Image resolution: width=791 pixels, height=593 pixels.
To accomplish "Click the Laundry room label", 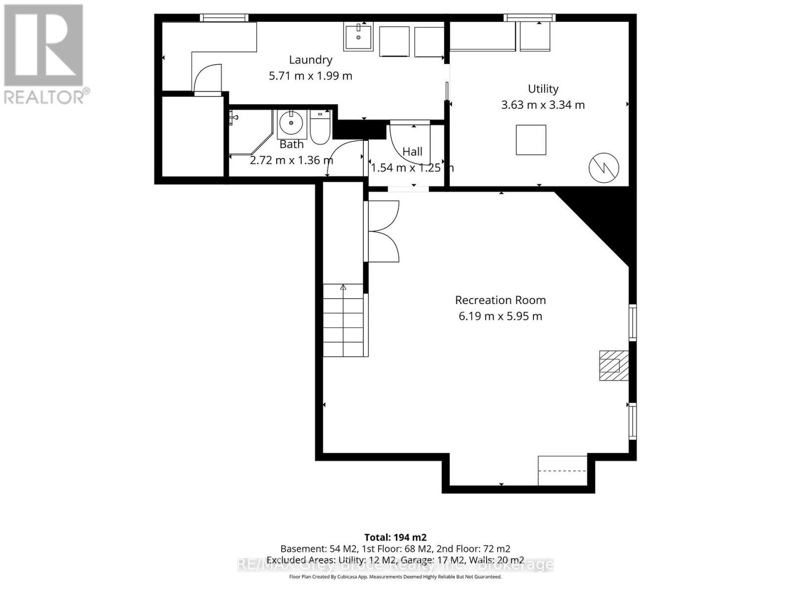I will [310, 60].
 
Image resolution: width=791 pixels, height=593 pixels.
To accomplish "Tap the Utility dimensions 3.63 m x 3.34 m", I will [543, 105].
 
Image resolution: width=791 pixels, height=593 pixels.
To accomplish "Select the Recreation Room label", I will [500, 300].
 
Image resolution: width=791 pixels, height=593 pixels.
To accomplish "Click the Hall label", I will [412, 152].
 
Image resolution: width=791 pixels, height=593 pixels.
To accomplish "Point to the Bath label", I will [292, 144].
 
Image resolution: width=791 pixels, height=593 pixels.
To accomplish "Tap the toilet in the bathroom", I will [320, 128].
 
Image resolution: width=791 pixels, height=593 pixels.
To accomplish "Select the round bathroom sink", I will [291, 123].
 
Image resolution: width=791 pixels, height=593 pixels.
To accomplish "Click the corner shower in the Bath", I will [250, 131].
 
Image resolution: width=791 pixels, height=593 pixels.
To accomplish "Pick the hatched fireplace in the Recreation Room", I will [614, 365].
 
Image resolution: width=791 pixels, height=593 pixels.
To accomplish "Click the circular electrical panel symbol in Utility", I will [604, 168].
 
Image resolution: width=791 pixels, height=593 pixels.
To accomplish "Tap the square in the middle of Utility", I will [531, 140].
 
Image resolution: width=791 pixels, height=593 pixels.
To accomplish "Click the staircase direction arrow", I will [343, 288].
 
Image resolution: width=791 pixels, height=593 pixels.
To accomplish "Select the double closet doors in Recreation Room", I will [384, 231].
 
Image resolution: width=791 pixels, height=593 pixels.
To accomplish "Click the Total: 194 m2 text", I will [395, 537].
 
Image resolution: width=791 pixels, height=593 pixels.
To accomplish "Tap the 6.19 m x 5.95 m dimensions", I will [500, 316].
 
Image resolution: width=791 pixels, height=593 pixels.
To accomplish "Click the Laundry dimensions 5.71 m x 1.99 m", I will [310, 76].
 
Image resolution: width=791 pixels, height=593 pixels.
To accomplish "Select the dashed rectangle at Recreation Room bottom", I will [562, 470].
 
